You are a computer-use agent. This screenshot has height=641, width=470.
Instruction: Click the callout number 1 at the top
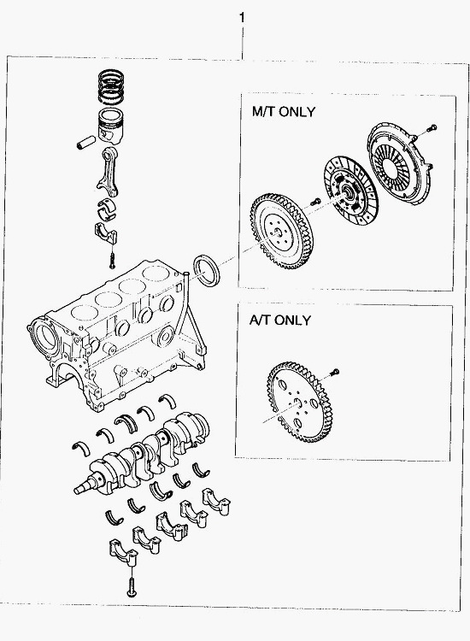[242, 18]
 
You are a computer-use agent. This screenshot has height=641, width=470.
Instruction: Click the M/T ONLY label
[284, 112]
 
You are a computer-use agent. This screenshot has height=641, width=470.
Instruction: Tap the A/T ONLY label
[280, 320]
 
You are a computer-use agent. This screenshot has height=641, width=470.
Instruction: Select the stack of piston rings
[111, 87]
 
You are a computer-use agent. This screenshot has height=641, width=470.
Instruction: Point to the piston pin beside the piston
[85, 142]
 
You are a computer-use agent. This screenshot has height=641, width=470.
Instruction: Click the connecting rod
[109, 172]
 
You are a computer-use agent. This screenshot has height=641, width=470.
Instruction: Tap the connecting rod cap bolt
[113, 261]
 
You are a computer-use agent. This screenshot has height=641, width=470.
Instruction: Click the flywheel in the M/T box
[282, 231]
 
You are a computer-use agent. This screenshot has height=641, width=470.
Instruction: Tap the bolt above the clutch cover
[432, 128]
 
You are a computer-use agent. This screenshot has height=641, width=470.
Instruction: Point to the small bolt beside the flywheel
[315, 201]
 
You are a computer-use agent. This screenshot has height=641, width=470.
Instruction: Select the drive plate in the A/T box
[299, 403]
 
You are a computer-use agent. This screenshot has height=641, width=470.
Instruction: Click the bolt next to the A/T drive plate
[334, 372]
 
